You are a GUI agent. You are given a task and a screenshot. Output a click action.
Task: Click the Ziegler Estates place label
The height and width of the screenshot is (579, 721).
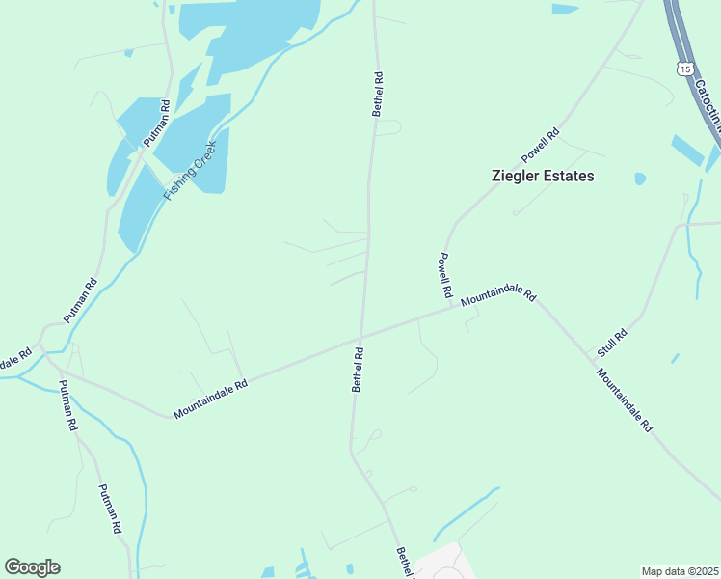tap(544, 176)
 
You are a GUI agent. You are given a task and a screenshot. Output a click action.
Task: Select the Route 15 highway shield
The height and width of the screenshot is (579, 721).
tap(683, 69)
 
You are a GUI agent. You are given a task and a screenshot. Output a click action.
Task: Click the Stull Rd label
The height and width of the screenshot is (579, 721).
tap(613, 341)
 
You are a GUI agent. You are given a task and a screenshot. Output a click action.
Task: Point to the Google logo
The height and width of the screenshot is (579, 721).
tap(32, 567)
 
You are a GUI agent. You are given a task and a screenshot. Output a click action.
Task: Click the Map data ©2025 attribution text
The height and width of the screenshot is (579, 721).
tap(681, 570)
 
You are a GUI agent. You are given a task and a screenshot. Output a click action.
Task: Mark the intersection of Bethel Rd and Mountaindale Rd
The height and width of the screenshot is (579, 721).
tap(360, 342)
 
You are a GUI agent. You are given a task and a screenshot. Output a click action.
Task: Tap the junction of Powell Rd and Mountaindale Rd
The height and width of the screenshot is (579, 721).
tap(452, 309)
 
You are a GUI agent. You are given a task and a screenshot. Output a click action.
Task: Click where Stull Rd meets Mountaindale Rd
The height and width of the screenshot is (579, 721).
tap(587, 352)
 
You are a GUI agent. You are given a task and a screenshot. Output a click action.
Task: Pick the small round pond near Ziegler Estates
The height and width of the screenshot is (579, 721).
tap(639, 179)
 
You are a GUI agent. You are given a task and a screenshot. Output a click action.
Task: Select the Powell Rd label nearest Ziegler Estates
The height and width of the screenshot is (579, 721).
tap(540, 146)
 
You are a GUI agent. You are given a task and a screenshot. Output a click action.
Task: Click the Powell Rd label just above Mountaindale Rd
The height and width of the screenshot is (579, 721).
tap(444, 274)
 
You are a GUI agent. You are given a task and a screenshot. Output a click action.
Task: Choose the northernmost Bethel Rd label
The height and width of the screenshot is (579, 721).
tap(378, 94)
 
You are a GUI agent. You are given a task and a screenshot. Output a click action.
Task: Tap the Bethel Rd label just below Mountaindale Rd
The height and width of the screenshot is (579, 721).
tap(358, 371)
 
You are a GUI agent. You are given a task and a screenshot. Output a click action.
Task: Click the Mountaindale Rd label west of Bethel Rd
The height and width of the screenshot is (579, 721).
tap(211, 398)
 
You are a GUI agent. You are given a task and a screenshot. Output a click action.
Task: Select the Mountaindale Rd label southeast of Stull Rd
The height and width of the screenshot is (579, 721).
tap(624, 400)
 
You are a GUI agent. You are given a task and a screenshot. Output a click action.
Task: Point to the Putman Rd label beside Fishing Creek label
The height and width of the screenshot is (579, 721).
tap(157, 124)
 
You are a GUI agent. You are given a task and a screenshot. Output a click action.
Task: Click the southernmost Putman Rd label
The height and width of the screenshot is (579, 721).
tap(110, 509)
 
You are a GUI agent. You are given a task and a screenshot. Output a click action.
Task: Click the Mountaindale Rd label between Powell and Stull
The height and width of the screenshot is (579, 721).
tap(497, 294)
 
